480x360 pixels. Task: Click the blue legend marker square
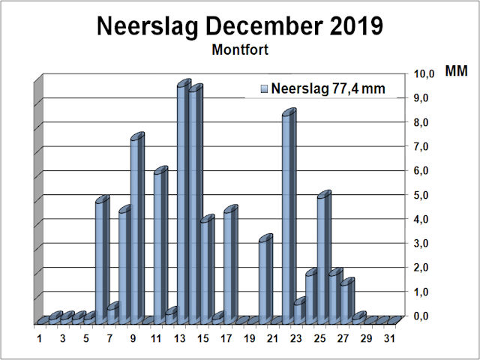[264, 88]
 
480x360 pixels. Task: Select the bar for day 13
[182, 202]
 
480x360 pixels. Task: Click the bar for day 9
[136, 229]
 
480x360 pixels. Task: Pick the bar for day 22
[287, 217]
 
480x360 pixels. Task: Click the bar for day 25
[322, 259]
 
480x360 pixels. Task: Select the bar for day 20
[264, 281]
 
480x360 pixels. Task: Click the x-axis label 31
[388, 339]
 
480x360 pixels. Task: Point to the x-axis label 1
[40, 339]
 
